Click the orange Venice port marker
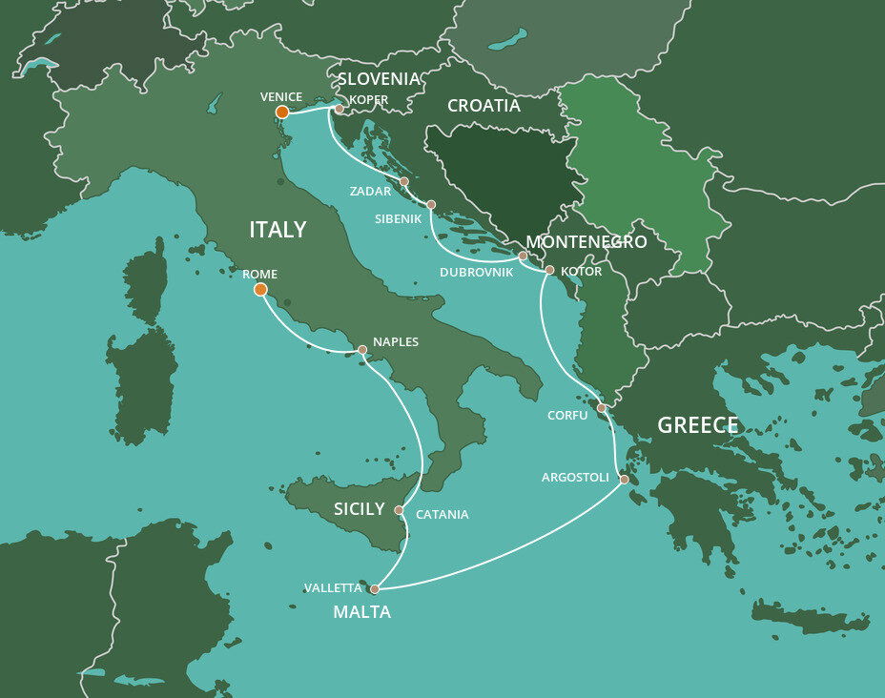click(282, 113)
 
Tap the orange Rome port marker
click(260, 290)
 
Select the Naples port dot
click(362, 350)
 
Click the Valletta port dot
click(374, 589)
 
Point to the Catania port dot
click(399, 510)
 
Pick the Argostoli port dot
click(624, 480)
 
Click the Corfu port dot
click(601, 408)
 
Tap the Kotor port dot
click(549, 270)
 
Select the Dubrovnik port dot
click(523, 256)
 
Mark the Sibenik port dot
click(431, 204)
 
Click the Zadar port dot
click(403, 181)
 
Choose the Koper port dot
click(339, 109)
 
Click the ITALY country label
click(278, 230)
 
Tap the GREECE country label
click(698, 425)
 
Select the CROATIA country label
click(484, 106)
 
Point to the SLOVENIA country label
click(380, 78)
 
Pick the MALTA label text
click(361, 612)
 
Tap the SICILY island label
click(359, 509)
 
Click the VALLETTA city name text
click(333, 588)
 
